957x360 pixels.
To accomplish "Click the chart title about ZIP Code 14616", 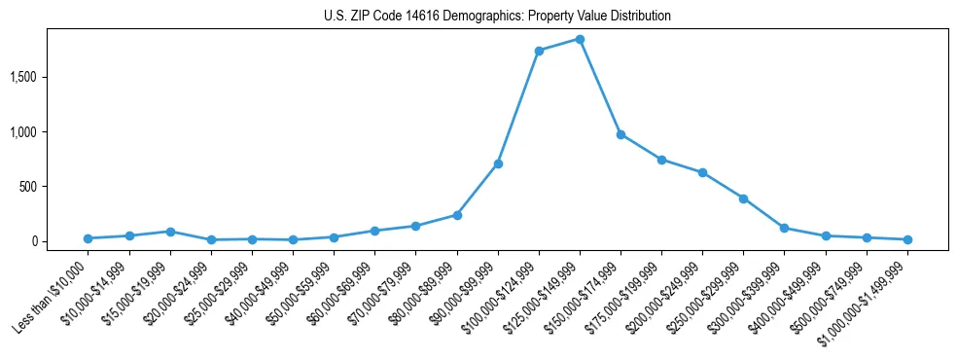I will click(x=497, y=17).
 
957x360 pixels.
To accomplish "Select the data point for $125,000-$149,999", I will click(x=580, y=39).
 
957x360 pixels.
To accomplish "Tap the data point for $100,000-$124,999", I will click(x=539, y=51).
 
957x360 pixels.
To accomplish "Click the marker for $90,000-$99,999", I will click(x=498, y=163).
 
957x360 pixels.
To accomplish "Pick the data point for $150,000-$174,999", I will click(x=620, y=134).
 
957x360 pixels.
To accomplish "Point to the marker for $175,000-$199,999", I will click(x=661, y=160).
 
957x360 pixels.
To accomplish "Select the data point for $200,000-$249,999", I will click(x=702, y=172).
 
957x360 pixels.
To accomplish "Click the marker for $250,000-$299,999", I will click(x=743, y=198).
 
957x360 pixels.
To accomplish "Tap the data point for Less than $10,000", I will click(x=89, y=238).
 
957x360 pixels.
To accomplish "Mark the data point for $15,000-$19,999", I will click(x=170, y=232).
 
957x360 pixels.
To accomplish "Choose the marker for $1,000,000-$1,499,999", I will click(x=907, y=239).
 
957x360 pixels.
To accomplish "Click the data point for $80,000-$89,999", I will click(x=457, y=215).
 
